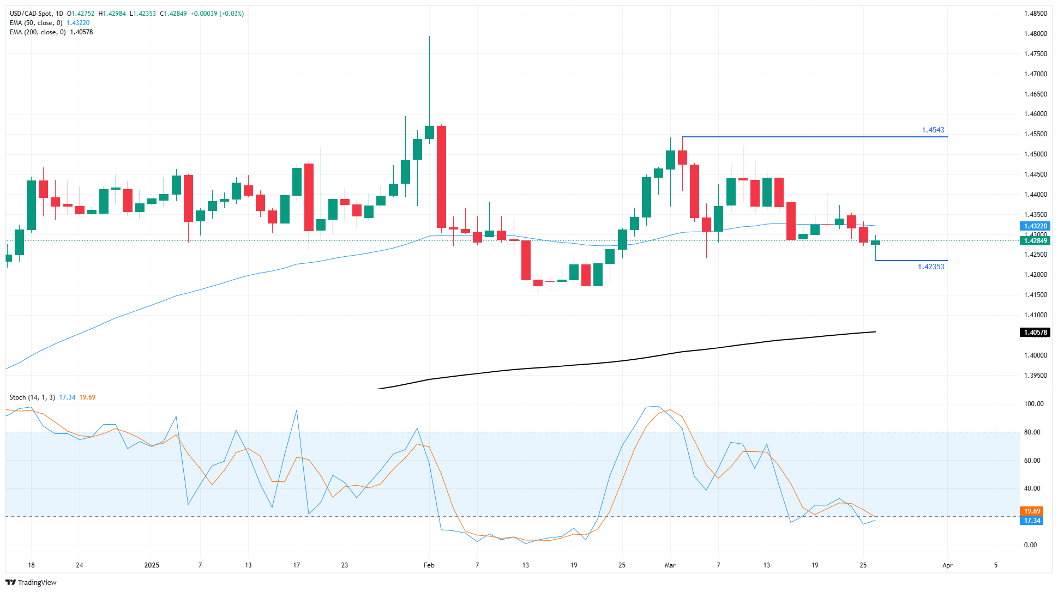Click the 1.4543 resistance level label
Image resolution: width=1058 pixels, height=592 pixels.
click(933, 130)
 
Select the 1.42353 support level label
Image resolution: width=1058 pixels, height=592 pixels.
click(931, 267)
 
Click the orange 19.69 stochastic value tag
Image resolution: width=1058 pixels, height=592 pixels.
click(1032, 511)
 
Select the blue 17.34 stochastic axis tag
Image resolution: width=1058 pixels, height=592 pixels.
click(1032, 521)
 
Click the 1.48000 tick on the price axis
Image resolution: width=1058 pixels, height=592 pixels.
click(1035, 34)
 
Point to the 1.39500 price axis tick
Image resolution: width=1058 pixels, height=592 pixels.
click(1035, 376)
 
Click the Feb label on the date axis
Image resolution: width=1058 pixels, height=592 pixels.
click(429, 565)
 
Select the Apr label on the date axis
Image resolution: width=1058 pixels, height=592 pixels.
click(947, 565)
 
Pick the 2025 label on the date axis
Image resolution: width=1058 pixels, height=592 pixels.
click(152, 565)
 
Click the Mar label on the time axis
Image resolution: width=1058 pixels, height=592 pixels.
click(670, 565)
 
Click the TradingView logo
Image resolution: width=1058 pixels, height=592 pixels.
click(31, 582)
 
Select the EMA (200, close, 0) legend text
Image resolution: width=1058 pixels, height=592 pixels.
click(38, 32)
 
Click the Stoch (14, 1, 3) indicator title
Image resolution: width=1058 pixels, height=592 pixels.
click(32, 397)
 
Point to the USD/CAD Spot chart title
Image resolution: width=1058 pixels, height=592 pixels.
click(36, 14)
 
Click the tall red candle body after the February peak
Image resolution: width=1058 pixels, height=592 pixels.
click(441, 177)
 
